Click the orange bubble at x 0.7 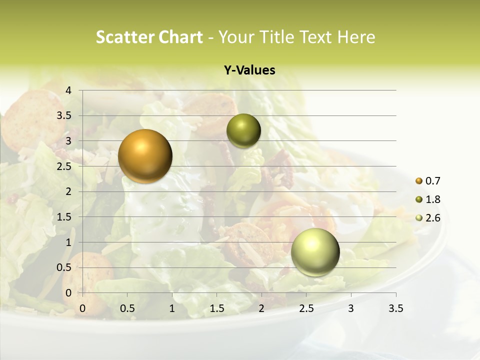click(145, 156)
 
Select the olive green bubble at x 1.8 click(243, 131)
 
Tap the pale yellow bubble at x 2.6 click(315, 252)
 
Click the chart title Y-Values click(249, 70)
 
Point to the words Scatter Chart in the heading click(149, 37)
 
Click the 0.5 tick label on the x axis click(127, 308)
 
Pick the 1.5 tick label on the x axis click(217, 308)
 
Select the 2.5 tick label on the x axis click(306, 308)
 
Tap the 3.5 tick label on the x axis click(395, 308)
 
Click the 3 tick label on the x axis click(351, 308)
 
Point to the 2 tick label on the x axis click(261, 308)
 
